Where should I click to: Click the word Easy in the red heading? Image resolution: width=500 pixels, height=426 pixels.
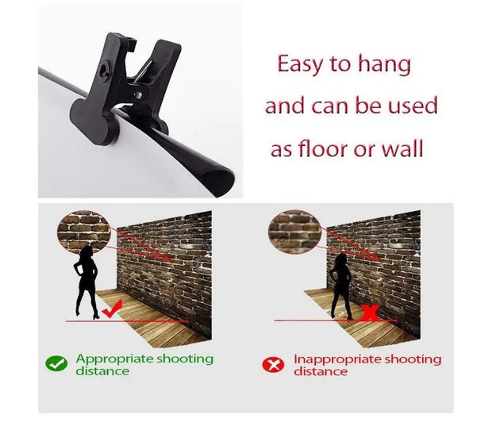299,65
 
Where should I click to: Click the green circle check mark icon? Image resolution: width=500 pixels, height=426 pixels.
56,363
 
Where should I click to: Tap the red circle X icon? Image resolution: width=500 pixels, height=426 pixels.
273,364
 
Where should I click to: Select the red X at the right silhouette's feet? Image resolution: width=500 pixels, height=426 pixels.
370,313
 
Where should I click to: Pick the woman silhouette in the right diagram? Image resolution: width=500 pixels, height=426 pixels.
341,286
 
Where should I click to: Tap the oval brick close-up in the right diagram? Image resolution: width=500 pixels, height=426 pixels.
294,232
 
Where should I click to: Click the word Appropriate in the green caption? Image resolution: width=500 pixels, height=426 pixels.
114,359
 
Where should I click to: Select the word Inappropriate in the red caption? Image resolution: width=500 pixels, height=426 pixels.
337,359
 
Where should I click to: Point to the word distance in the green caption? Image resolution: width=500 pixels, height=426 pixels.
102,371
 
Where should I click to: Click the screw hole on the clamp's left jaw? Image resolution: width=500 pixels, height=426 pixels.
104,69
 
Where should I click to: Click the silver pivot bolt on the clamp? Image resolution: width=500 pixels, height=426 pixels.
139,94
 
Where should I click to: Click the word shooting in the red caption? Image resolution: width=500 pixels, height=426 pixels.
413,360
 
